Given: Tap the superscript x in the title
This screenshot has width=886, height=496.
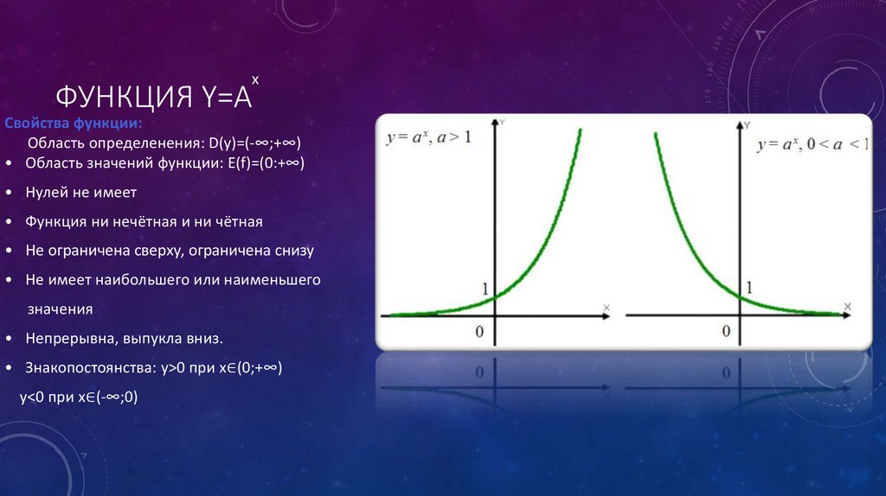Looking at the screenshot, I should pos(255,79).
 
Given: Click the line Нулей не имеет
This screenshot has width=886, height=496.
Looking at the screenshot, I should pos(81,192).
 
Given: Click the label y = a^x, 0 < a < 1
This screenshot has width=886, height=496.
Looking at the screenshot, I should pos(812,145).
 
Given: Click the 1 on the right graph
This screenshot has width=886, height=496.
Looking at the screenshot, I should pos(748,286).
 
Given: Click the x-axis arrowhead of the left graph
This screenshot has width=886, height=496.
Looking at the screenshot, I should pos(606,315).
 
